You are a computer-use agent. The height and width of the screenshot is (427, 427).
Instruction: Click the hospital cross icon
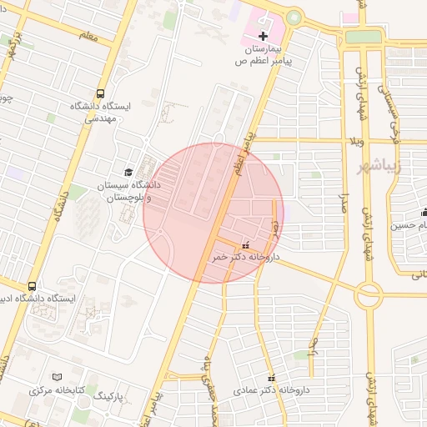coord(264,36)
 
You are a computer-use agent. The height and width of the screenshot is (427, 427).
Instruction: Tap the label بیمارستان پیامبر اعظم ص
coord(259,56)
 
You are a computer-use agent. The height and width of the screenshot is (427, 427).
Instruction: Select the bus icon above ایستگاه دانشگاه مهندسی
coord(101,93)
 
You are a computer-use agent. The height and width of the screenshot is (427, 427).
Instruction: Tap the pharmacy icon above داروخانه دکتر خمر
coord(244,245)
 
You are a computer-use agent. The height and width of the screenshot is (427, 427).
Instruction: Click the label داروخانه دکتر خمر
coord(245,258)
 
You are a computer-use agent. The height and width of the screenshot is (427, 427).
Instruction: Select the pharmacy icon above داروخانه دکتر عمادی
coord(270,377)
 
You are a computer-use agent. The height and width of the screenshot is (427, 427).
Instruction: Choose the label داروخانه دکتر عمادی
coord(271,389)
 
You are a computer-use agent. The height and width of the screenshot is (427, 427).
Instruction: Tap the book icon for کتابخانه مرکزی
coord(57,378)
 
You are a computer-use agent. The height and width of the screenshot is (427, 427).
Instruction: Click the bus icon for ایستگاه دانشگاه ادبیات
coord(32,285)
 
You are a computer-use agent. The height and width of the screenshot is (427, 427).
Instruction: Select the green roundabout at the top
coord(293,18)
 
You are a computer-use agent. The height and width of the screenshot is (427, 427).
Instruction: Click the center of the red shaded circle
coord(213,213)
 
